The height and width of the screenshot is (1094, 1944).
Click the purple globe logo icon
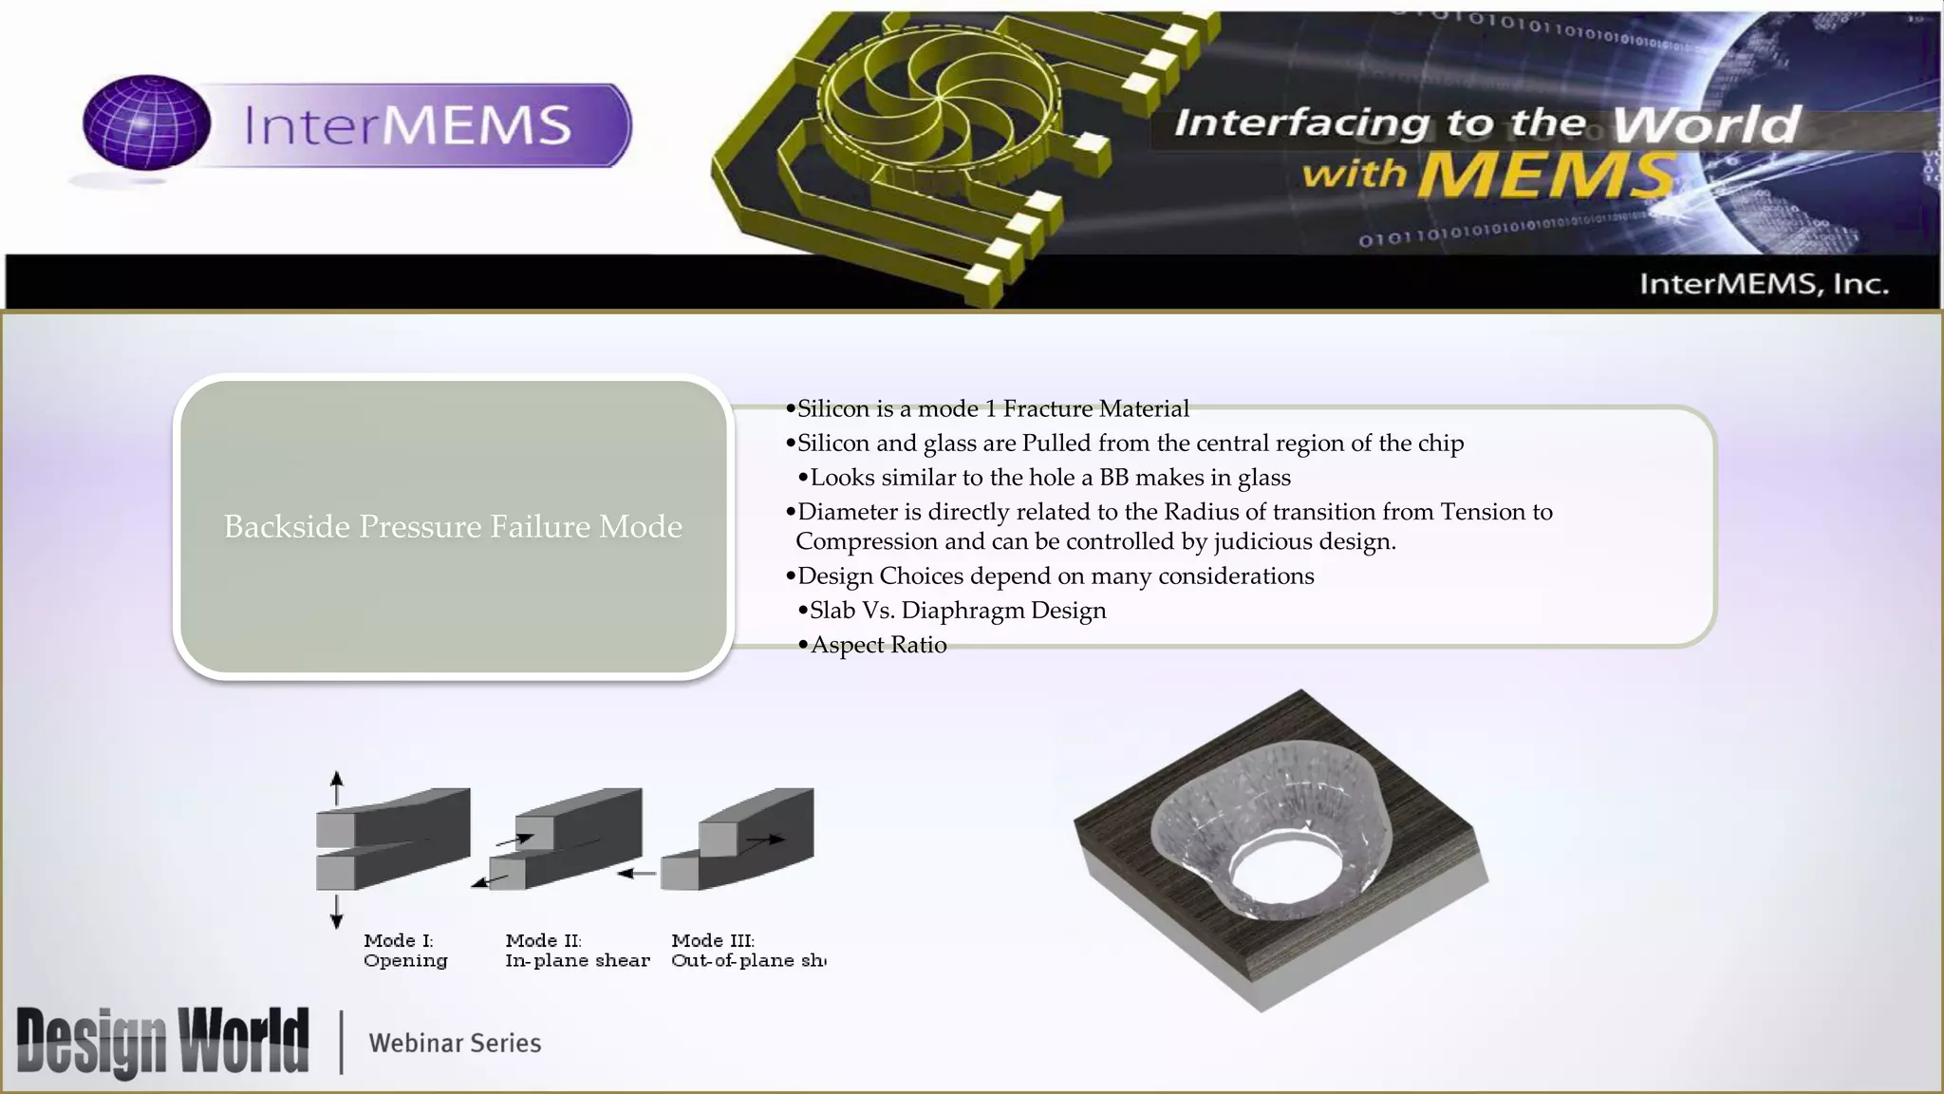[146, 123]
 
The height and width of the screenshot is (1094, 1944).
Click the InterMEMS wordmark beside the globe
[408, 125]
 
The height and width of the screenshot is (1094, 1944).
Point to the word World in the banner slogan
[1706, 124]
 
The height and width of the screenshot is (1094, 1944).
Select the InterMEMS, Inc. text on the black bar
[1764, 284]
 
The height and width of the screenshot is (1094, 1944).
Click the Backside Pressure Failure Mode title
[453, 526]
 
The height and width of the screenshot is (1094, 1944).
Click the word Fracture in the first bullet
[1048, 408]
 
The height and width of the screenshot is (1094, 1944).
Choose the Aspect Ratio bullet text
[878, 645]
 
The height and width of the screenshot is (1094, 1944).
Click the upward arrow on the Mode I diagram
[336, 787]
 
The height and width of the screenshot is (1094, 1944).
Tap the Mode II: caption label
[543, 940]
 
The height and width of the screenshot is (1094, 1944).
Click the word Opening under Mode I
[405, 960]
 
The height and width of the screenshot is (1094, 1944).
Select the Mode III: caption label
[713, 940]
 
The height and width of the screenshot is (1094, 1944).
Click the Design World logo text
[162, 1042]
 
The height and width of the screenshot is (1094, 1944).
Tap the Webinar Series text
[455, 1043]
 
